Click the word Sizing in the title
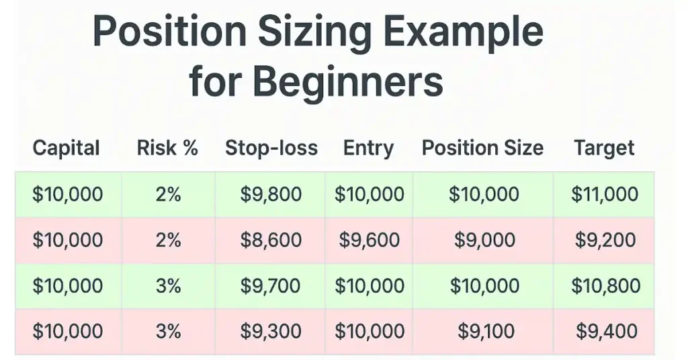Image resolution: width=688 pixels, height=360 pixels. click(x=314, y=34)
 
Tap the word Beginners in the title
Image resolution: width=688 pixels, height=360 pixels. click(x=348, y=82)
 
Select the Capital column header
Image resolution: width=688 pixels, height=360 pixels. click(x=67, y=148)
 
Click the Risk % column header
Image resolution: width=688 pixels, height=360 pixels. click(x=167, y=148)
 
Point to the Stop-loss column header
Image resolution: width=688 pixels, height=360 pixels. click(x=271, y=148)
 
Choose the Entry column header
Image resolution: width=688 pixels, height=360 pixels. click(x=369, y=148)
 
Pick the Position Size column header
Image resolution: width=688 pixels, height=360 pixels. click(x=482, y=148)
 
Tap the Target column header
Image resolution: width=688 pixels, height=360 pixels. click(x=604, y=148)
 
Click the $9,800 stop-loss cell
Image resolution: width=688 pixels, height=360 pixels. click(x=271, y=194)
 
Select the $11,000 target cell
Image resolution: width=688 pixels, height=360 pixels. click(x=605, y=194)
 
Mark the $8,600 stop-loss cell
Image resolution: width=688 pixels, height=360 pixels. click(x=271, y=240)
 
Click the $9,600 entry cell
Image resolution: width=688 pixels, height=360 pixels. click(x=369, y=240)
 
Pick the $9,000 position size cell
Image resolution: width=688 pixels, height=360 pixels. click(x=484, y=240)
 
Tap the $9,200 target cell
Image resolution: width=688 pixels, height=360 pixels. click(x=605, y=240)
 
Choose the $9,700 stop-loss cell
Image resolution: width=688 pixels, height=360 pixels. click(x=270, y=286)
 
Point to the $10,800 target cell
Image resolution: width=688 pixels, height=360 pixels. click(x=605, y=286)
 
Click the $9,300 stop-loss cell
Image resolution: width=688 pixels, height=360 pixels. click(x=271, y=332)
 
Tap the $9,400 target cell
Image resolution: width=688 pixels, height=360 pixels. click(x=607, y=332)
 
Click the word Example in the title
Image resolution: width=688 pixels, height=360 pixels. click(x=464, y=34)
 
